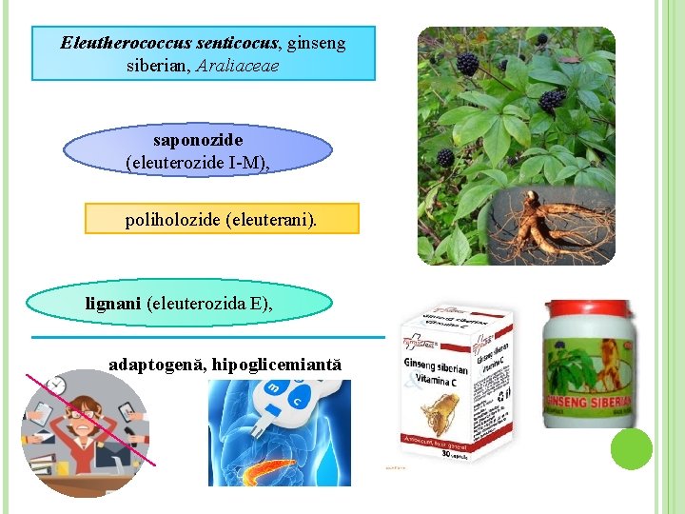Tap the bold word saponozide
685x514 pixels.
click(198, 141)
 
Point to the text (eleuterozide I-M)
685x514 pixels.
click(195, 163)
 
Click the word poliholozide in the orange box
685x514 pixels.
click(172, 220)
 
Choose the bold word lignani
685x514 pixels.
click(114, 304)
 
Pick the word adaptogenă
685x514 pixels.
click(156, 365)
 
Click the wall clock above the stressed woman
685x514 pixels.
click(55, 385)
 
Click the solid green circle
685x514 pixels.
click(631, 449)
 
